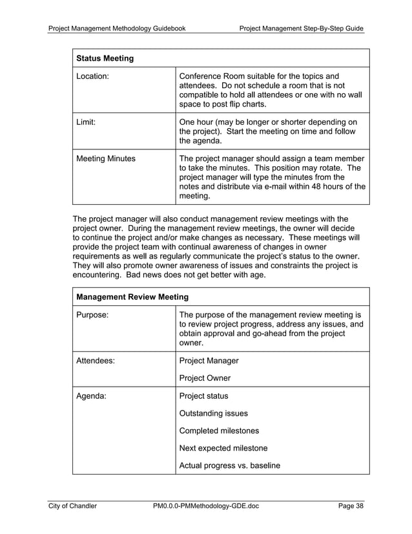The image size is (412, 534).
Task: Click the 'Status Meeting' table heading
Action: coord(105,58)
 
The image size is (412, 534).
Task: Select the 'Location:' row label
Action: coord(93,76)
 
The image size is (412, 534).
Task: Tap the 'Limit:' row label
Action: coord(86,122)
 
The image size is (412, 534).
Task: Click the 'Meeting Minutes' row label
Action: coord(106,158)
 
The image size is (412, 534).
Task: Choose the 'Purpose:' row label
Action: coord(92,315)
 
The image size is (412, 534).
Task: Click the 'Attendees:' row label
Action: coord(96,361)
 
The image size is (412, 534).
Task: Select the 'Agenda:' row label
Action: coord(92,396)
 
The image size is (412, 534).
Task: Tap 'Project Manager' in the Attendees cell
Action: coord(209,361)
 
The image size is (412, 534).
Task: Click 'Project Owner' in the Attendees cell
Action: coord(205,378)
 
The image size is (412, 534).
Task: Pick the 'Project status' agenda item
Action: coord(203,396)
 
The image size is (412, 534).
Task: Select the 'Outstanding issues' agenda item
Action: coord(213,413)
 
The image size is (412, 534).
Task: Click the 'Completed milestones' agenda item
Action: coord(219,431)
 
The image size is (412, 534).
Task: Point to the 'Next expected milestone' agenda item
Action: coord(223,447)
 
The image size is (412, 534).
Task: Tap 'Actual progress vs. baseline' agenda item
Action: coord(229,465)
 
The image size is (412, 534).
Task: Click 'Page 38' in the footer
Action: coord(351,506)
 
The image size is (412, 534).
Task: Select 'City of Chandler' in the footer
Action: coord(73,506)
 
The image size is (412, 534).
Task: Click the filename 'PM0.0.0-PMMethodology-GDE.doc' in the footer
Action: coord(206,506)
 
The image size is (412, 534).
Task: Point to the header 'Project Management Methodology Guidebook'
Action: coord(118,28)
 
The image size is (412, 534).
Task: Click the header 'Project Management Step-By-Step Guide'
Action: coord(301,28)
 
